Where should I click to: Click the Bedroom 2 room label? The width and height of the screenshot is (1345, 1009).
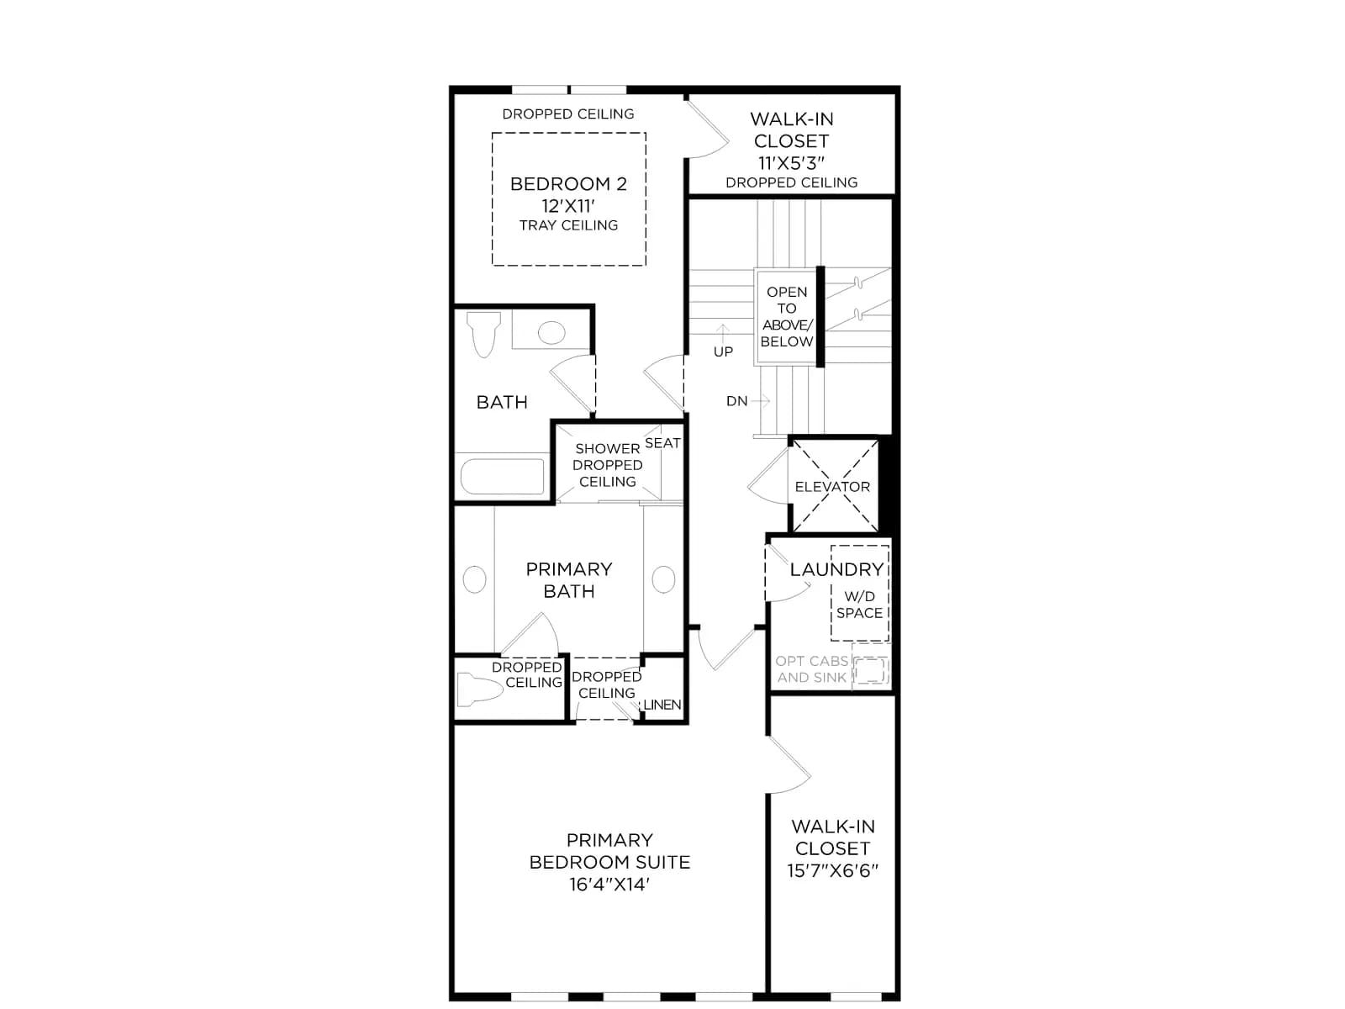coord(568,184)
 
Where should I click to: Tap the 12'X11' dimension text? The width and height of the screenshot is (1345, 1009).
coord(568,206)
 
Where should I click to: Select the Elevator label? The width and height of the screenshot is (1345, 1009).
coord(832,487)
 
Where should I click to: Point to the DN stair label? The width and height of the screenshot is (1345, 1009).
coord(737,401)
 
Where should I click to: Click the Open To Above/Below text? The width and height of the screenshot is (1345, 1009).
coord(787,317)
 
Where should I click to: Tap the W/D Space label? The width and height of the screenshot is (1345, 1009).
coord(859,605)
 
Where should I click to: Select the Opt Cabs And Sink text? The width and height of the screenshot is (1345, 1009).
coord(812,669)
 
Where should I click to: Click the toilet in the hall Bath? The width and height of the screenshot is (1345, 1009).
coord(483,335)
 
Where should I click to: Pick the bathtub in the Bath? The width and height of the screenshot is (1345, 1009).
coord(503,476)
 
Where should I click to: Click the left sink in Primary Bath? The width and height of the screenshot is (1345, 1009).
coord(474,579)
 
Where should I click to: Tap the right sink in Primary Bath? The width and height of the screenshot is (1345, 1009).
coord(663,579)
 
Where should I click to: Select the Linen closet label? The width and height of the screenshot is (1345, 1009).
coord(662,705)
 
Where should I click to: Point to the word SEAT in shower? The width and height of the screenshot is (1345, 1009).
coord(662,443)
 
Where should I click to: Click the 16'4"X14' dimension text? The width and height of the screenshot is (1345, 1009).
coord(609,884)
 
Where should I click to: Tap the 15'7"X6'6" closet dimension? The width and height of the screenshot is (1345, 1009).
coord(833,870)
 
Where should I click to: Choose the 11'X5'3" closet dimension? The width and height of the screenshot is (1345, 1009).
coord(791,163)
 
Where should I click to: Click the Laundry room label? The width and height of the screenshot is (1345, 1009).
coord(836,570)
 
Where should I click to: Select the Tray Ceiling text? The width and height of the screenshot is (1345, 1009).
coord(568,225)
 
